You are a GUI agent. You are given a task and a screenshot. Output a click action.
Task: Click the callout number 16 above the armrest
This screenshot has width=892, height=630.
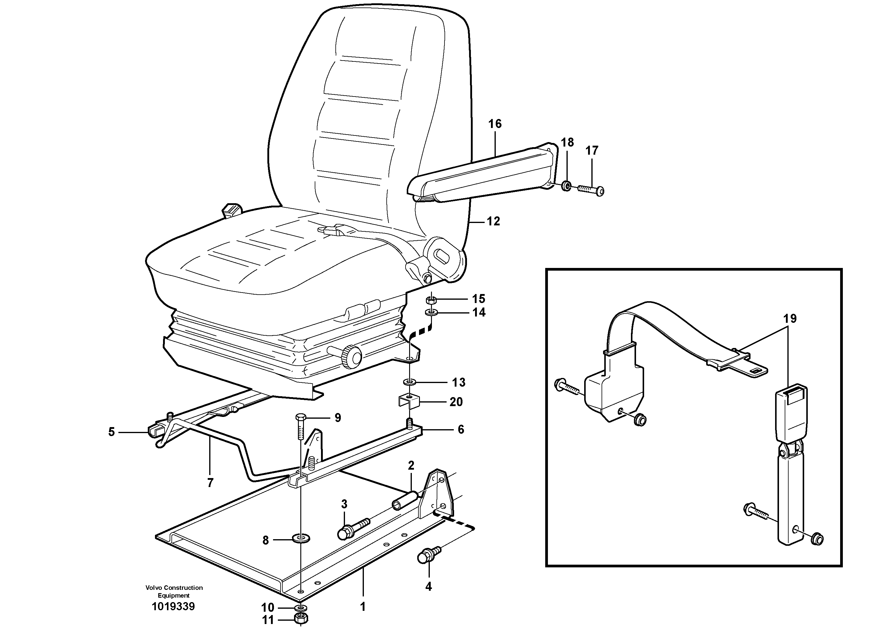click(495, 124)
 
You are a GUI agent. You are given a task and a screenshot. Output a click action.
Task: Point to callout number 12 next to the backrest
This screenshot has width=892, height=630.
click(493, 221)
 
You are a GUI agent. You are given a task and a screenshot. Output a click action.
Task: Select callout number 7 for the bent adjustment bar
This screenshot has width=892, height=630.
click(210, 483)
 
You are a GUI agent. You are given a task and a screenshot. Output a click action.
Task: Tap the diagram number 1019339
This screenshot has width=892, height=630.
click(173, 606)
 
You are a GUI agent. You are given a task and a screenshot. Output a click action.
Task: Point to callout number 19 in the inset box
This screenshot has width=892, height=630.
click(790, 319)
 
